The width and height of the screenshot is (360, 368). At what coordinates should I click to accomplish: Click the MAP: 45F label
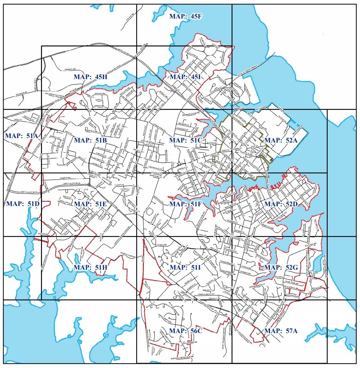pos(185,16)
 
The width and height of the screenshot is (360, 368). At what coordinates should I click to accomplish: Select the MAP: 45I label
pos(185,77)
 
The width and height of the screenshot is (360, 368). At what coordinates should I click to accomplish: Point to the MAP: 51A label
pos(21,136)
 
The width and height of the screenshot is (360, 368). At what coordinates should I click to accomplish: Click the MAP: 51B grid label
pos(90,140)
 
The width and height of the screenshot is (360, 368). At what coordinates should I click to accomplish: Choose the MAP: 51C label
pos(185,140)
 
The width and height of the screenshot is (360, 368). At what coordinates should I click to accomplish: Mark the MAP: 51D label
pos(22,204)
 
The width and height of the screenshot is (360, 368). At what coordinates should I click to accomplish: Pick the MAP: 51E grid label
pos(90,204)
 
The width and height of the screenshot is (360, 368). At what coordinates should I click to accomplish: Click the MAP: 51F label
pos(185,204)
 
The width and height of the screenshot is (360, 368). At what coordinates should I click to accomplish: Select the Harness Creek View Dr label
pos(183,357)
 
